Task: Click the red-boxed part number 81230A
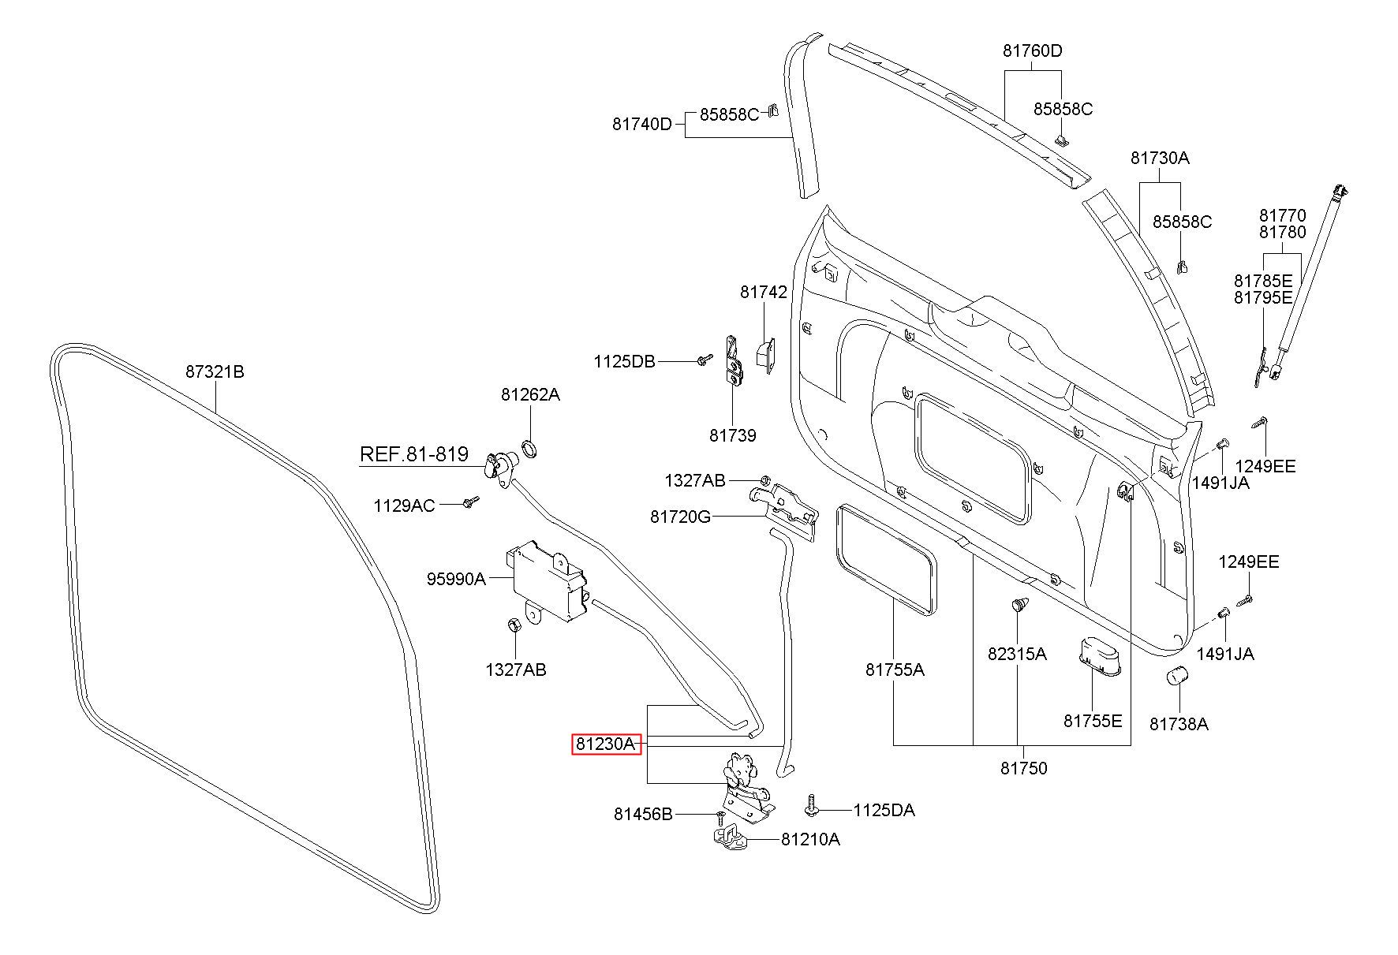pos(605,744)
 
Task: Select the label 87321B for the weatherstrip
pos(215,371)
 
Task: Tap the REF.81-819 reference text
pos(414,454)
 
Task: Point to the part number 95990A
pos(457,579)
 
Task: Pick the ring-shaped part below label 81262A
pos(531,450)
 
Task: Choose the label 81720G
pos(680,517)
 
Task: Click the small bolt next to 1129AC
pos(470,502)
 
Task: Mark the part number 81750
pos(1024,768)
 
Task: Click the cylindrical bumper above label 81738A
pos(1178,677)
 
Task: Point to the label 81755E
pos(1093,721)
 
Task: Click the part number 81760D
pos(1033,51)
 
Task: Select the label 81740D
pos(642,124)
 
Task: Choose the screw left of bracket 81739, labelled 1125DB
pos(702,360)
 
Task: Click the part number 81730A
pos(1160,158)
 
